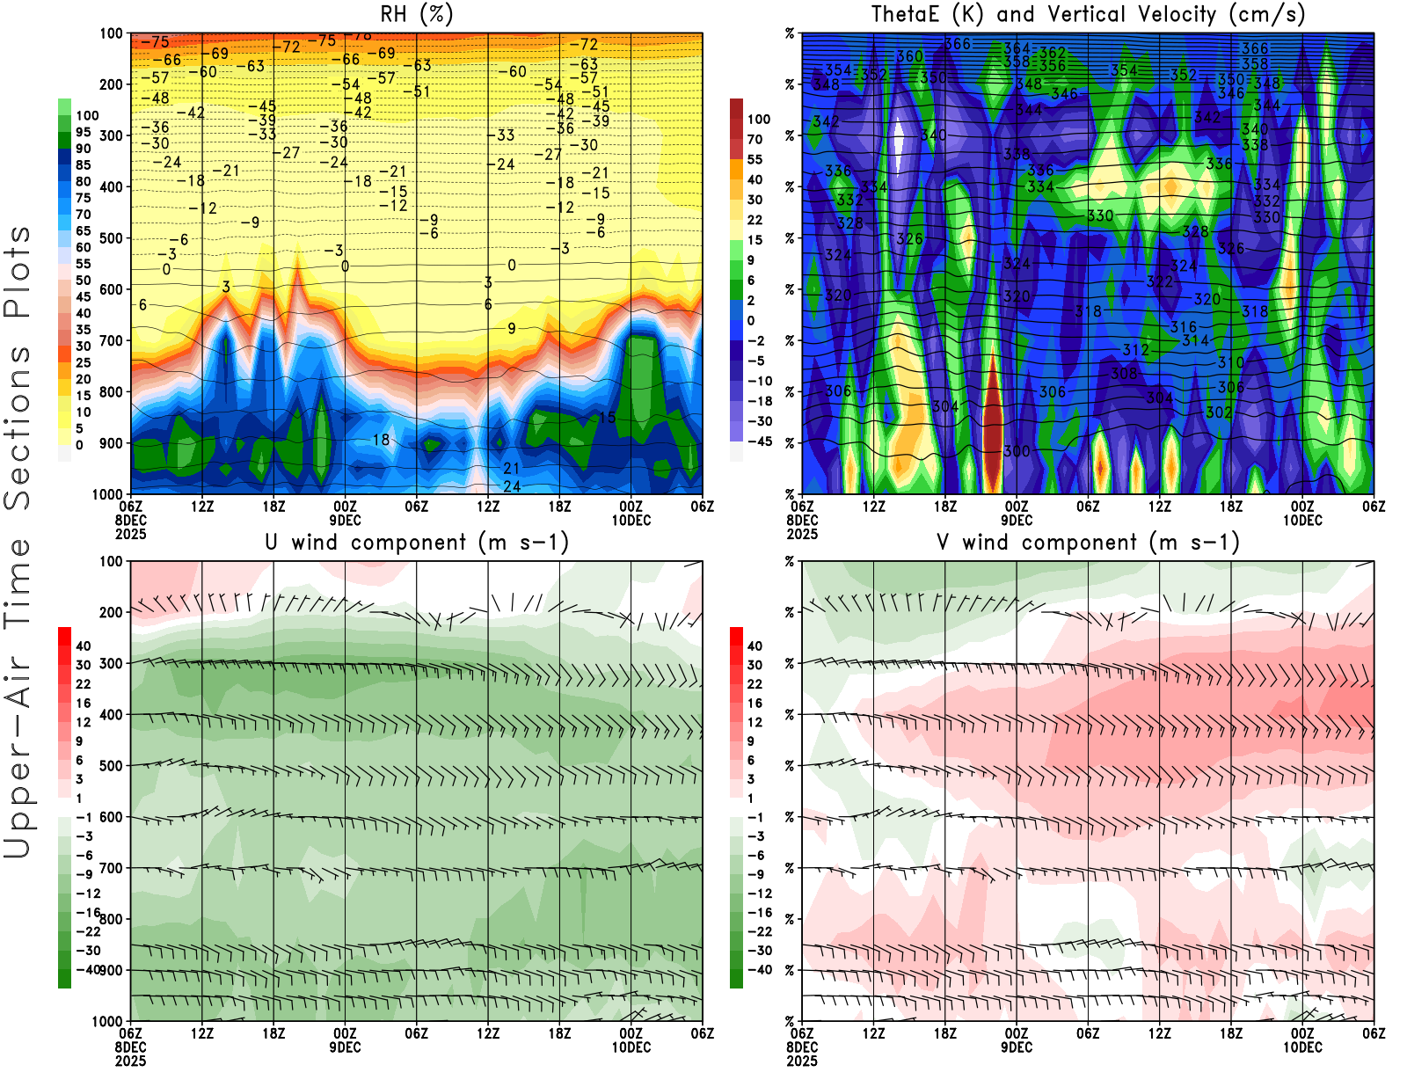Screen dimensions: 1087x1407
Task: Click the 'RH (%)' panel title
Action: tap(416, 15)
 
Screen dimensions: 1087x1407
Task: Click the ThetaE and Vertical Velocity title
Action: tap(1088, 15)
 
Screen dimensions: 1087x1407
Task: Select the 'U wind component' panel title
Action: tap(417, 543)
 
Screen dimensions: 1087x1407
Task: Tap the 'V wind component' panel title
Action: tap(1088, 543)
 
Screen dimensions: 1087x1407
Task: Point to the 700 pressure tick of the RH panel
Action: tap(111, 340)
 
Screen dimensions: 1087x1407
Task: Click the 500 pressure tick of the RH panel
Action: tap(111, 238)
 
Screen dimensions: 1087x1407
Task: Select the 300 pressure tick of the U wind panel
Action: tap(111, 663)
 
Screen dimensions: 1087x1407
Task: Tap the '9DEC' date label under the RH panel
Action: tap(345, 520)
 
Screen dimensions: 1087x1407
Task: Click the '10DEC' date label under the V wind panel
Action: tap(1302, 1047)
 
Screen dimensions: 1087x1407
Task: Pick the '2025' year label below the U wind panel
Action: tap(131, 1061)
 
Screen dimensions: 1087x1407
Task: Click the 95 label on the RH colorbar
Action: tap(83, 132)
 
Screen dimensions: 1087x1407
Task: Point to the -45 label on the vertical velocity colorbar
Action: tap(759, 441)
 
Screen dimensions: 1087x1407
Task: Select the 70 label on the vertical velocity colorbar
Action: tap(755, 139)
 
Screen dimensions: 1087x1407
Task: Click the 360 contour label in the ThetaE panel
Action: tap(909, 56)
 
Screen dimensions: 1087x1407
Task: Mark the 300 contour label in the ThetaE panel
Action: tap(1017, 451)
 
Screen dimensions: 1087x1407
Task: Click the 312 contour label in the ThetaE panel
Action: tap(1135, 350)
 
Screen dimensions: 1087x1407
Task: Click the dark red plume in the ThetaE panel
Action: tap(993, 422)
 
